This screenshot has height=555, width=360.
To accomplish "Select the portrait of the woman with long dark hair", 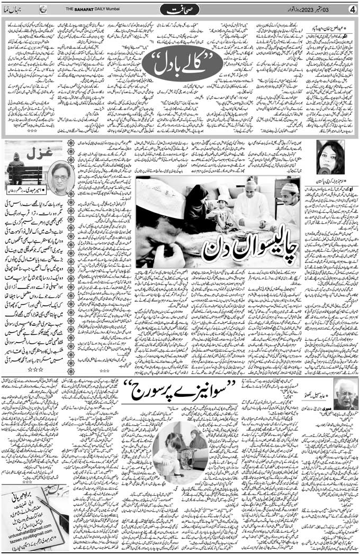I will pos(330,157).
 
